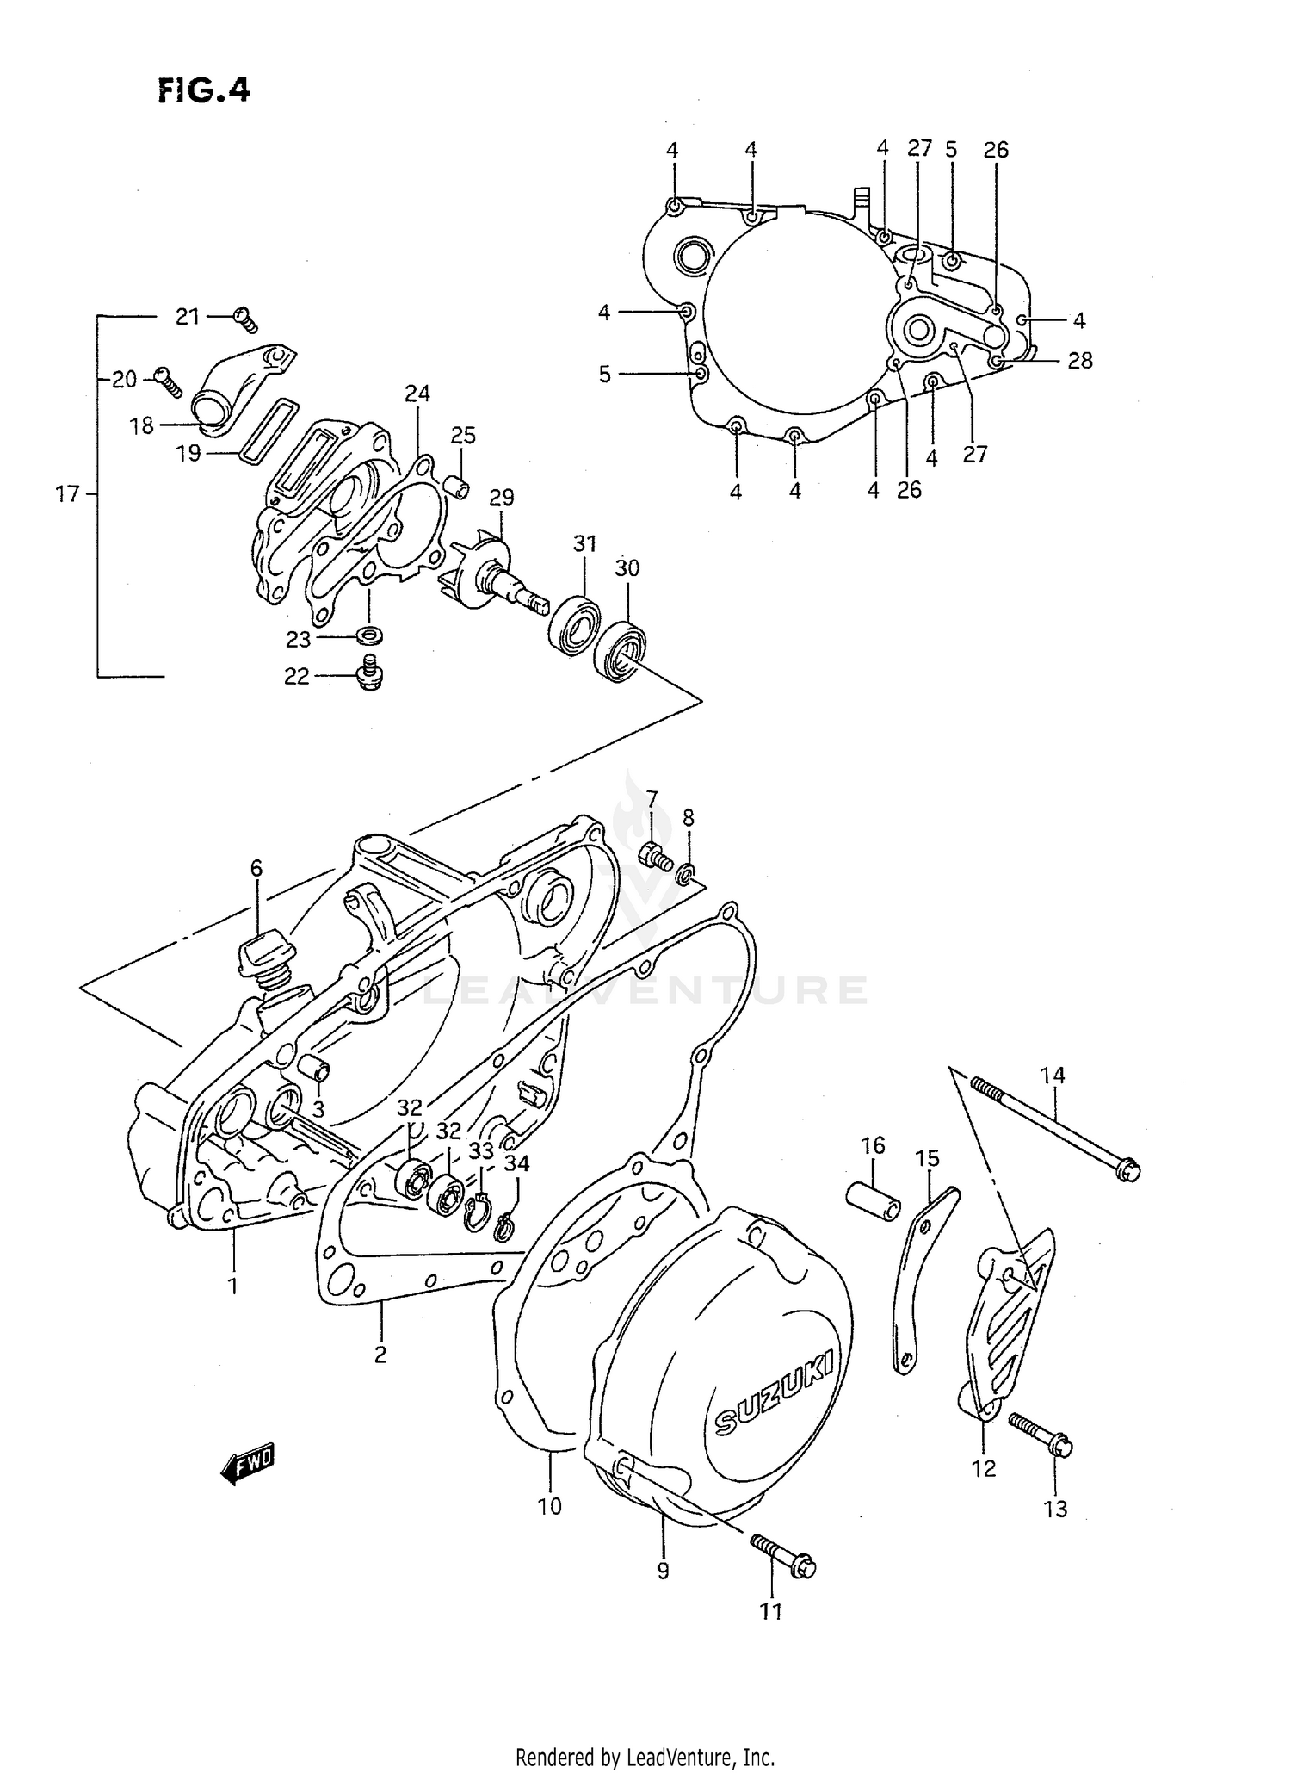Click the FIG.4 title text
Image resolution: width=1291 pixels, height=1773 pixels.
click(x=204, y=90)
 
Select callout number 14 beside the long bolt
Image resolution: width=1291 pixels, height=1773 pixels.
click(x=1053, y=1075)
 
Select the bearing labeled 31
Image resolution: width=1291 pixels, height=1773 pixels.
click(x=574, y=622)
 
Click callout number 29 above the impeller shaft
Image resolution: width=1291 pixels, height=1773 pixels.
click(x=502, y=498)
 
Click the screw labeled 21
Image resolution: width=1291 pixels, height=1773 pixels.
click(x=245, y=319)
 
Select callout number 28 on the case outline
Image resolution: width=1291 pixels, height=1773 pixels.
click(x=1079, y=361)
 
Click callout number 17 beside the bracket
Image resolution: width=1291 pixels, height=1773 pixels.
click(x=67, y=494)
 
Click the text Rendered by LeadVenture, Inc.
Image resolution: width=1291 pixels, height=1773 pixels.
click(x=645, y=1757)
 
